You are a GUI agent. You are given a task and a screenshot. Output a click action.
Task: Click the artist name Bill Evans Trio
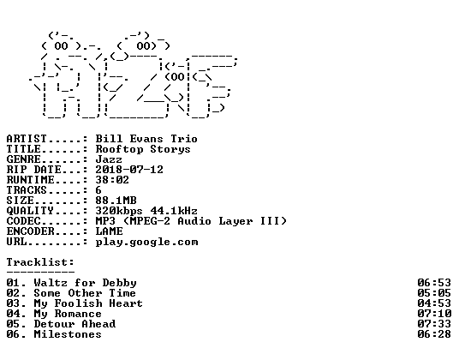[146, 139]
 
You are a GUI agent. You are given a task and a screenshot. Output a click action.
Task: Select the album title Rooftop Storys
[143, 149]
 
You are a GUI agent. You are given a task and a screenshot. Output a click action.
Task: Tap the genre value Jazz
[109, 159]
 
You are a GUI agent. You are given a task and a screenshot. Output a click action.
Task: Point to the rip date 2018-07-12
[129, 170]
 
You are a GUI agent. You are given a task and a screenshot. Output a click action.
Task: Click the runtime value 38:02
[112, 180]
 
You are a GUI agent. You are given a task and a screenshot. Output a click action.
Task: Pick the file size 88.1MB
[116, 201]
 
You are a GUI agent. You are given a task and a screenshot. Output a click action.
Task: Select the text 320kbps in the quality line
[119, 211]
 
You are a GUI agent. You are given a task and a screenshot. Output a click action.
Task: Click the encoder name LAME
[109, 231]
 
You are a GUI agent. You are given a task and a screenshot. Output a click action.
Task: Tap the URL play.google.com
[146, 243]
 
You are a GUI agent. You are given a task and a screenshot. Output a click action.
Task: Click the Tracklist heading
[40, 262]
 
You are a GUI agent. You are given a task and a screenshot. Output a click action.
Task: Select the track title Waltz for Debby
[85, 283]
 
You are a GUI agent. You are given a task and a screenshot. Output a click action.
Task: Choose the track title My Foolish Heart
[88, 303]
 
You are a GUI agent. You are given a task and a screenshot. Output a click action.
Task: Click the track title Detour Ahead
[75, 324]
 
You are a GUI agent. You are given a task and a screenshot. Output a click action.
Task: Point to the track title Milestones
[68, 334]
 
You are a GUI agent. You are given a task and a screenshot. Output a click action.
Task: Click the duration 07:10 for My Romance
[434, 314]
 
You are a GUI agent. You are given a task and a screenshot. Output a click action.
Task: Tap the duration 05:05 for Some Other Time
[434, 293]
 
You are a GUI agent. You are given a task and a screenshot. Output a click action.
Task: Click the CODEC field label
[23, 221]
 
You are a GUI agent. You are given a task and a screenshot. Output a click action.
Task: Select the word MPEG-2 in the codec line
[150, 221]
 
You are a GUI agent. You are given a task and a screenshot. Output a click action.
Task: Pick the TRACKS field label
[27, 190]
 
